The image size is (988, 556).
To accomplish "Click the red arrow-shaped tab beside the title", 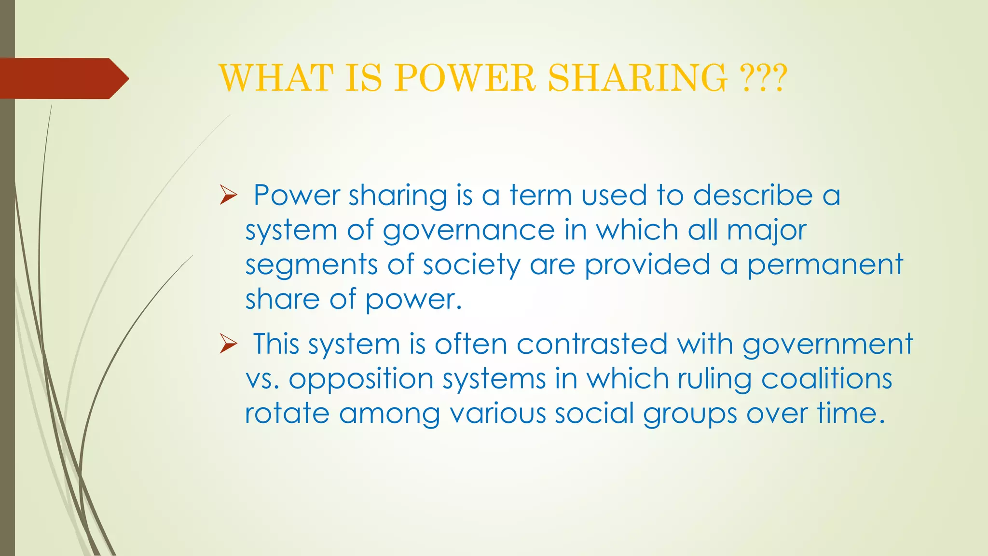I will coord(63,79).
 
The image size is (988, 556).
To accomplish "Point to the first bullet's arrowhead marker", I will coord(228,195).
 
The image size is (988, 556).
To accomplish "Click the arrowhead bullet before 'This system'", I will coord(228,344).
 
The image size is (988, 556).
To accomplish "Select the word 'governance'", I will coord(468,231).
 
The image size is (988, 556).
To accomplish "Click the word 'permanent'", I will coord(825,265).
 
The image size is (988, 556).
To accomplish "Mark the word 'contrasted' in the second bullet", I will coord(592,344).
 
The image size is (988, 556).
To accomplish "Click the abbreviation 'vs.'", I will coord(262,379).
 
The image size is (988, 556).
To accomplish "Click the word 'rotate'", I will coord(287,414).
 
